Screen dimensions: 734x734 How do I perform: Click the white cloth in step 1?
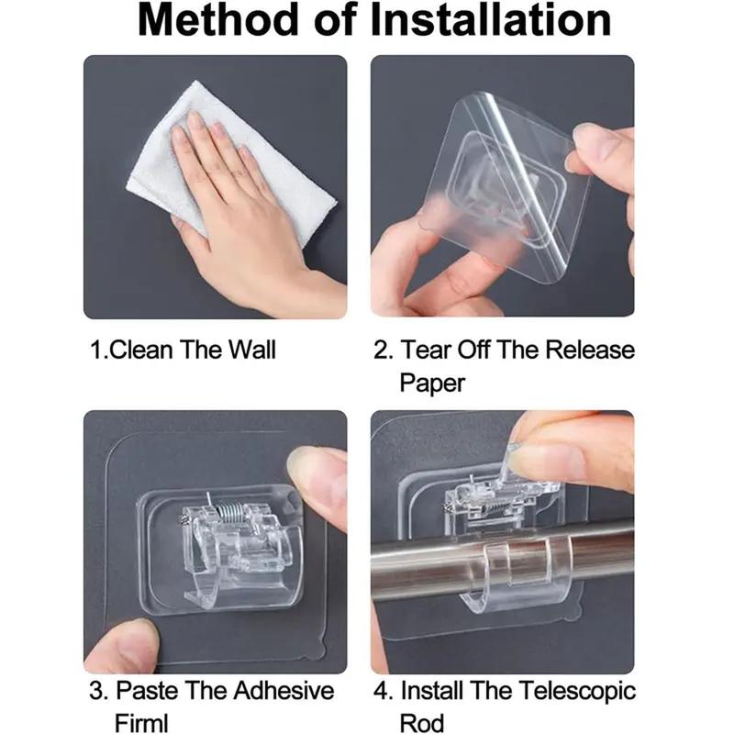coord(229,164)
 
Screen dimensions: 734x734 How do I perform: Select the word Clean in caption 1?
coord(141,350)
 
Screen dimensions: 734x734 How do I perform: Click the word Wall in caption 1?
coord(251,350)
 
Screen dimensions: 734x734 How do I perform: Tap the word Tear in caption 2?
coord(427,350)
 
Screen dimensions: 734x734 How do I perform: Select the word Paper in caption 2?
coord(432,384)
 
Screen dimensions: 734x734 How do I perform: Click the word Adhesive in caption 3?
coord(284,691)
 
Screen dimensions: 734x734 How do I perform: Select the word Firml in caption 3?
coord(141,722)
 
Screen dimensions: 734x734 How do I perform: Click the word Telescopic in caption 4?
coord(577,692)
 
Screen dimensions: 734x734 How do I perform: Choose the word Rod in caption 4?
coord(421,722)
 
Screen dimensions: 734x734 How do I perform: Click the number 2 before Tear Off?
coord(381,350)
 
